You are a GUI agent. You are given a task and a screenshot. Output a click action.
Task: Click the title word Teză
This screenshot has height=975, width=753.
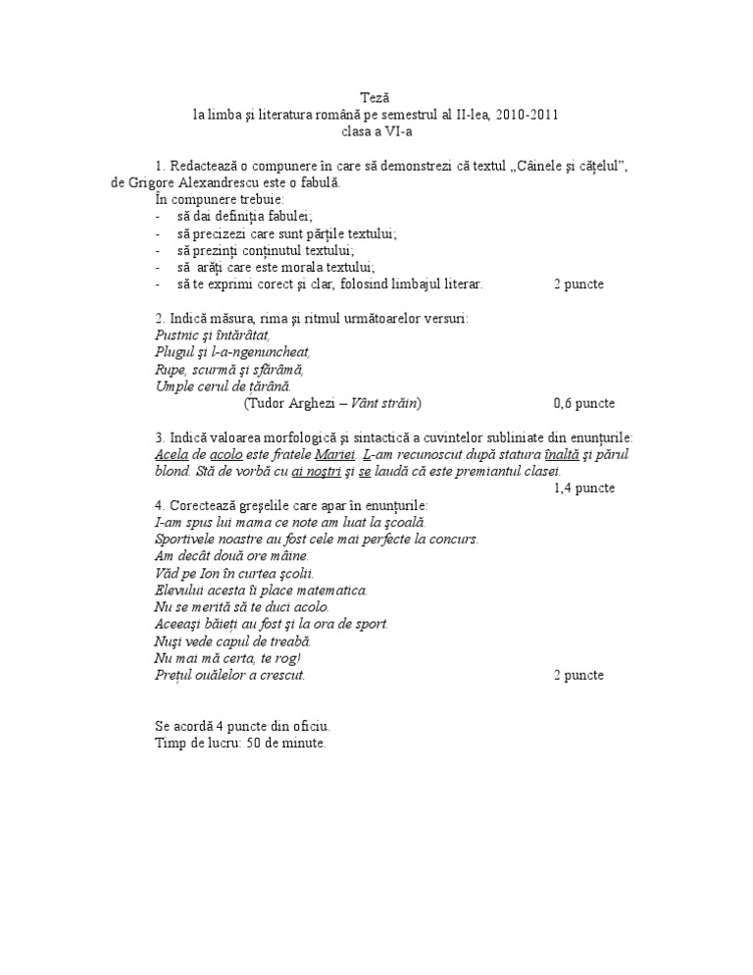(x=376, y=98)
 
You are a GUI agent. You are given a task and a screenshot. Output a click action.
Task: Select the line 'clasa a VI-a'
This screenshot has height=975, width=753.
(x=376, y=129)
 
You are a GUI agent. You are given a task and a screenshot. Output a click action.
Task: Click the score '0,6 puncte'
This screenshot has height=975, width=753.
(x=584, y=402)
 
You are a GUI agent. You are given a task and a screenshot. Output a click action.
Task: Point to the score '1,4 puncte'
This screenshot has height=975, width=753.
(x=584, y=487)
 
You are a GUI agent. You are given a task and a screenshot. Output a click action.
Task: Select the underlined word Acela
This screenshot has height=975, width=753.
(x=172, y=455)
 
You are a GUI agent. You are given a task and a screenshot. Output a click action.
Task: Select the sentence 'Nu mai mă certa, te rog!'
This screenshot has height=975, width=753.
(x=228, y=657)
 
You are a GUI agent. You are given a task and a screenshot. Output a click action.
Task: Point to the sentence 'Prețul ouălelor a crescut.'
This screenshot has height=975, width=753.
(x=230, y=675)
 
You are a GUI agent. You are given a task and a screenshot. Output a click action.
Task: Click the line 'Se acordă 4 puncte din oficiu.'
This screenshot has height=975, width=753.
(x=242, y=726)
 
